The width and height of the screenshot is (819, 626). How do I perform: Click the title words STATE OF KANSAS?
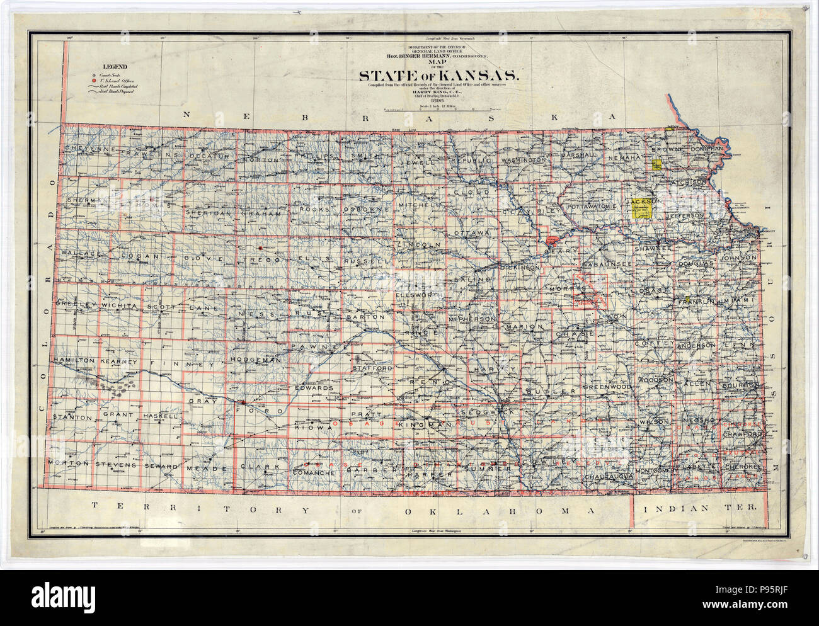439,76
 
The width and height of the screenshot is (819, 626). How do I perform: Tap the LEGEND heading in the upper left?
115,67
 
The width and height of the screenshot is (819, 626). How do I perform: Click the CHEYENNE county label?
91,149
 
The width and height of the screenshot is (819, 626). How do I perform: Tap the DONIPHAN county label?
708,149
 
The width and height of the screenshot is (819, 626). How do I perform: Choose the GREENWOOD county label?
606,386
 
